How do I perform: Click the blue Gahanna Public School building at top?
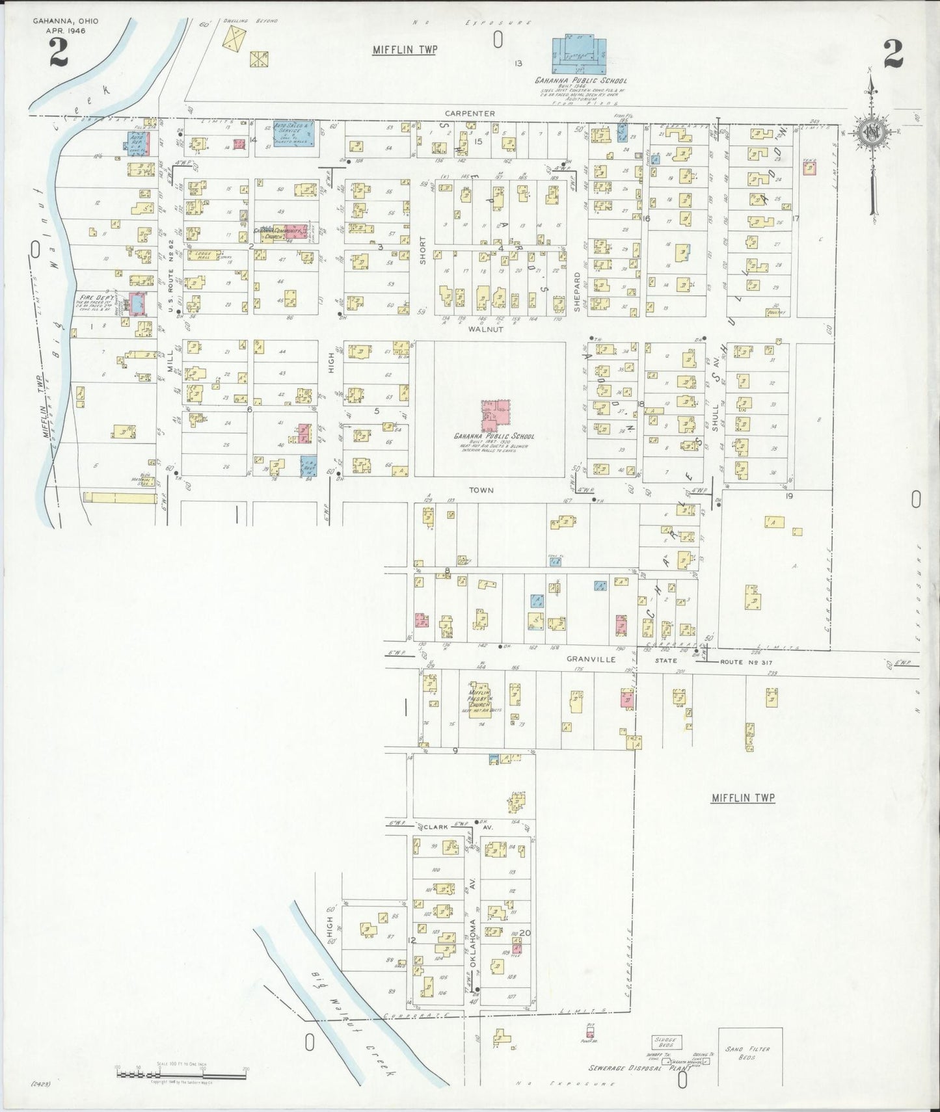pyautogui.click(x=579, y=55)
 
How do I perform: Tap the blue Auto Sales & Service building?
pyautogui.click(x=294, y=133)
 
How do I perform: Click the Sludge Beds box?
pyautogui.click(x=667, y=1042)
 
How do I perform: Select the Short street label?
pyautogui.click(x=422, y=249)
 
